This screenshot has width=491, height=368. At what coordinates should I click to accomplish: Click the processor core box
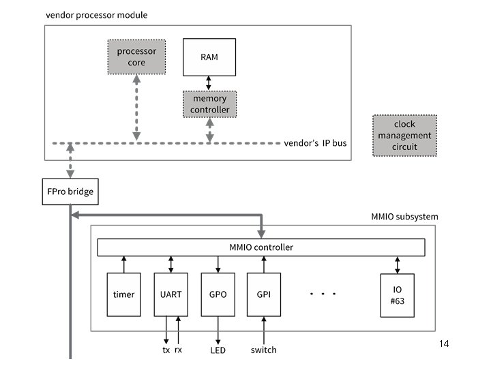(136, 57)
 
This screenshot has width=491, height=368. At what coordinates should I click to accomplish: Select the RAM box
(209, 57)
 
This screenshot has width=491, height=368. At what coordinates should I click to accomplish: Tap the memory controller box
(209, 104)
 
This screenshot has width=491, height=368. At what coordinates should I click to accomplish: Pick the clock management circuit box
(404, 135)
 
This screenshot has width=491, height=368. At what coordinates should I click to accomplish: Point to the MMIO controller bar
(261, 247)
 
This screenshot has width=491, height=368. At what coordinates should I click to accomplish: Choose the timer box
(123, 294)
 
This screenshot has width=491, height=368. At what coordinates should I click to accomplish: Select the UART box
(170, 294)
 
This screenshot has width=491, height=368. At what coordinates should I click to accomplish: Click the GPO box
(218, 294)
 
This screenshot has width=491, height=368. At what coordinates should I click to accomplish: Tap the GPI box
(264, 294)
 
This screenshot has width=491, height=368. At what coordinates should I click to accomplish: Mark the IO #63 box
(398, 294)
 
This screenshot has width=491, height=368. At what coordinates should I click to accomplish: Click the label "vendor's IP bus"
(315, 143)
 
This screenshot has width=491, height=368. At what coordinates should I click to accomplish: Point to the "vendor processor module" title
(96, 15)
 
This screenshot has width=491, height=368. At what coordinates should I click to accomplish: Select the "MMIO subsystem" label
(400, 217)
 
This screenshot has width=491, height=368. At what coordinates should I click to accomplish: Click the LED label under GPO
(218, 350)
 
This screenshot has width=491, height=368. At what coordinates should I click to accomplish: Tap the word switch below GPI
(263, 350)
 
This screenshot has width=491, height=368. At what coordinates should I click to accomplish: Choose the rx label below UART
(179, 350)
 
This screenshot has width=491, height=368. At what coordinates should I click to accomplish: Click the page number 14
(444, 343)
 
